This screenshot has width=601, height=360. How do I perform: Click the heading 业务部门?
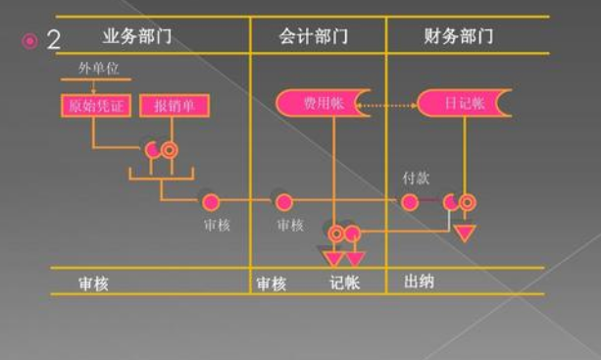(x=136, y=37)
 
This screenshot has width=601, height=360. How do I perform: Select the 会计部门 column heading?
(x=313, y=37)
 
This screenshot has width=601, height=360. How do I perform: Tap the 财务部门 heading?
(x=459, y=37)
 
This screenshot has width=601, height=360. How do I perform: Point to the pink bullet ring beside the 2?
(x=29, y=40)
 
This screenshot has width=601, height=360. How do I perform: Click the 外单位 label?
(x=99, y=70)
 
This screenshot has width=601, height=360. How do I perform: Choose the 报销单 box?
(x=170, y=105)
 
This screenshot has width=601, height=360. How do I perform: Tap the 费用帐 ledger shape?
(x=322, y=102)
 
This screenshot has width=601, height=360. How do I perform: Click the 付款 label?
(x=417, y=179)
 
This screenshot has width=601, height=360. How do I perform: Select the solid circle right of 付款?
(x=409, y=202)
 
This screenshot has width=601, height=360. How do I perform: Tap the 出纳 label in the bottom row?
(x=419, y=283)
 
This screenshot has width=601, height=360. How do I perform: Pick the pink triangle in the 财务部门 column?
(x=465, y=233)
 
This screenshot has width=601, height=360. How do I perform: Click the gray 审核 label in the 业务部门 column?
(x=216, y=225)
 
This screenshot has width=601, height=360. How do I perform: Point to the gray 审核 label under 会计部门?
(x=290, y=225)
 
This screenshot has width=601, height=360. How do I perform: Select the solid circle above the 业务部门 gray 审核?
(x=210, y=202)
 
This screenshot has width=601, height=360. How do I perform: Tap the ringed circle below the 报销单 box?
(x=169, y=150)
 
